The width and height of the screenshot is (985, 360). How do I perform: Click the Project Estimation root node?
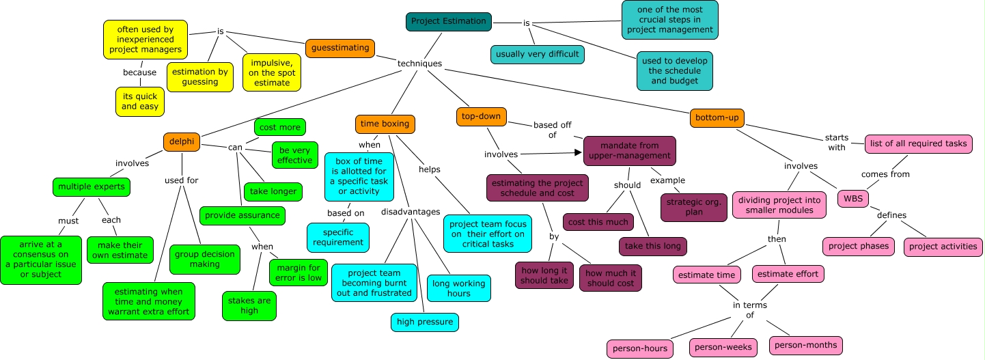coord(448,21)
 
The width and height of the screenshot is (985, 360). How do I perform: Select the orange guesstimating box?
coord(339,48)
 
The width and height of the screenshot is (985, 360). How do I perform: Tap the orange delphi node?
coord(182,141)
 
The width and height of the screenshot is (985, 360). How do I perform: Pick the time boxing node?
coord(385,124)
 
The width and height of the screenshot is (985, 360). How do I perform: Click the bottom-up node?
coord(717,117)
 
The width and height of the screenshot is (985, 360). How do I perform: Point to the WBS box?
coord(852,199)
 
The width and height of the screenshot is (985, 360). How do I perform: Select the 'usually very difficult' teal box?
coord(537,54)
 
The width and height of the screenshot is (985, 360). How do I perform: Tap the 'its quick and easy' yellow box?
coord(139,101)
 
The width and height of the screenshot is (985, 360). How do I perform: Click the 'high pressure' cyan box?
coord(424,322)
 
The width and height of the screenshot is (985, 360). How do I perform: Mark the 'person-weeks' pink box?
coord(723,347)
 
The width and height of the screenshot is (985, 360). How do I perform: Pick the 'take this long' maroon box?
coord(652,246)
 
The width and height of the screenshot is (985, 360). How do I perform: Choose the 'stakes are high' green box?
coord(249,305)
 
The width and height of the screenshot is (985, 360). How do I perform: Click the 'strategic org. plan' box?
coord(689,208)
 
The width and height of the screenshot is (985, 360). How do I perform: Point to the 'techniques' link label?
coord(419,64)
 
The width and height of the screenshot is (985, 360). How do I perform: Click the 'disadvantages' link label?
coord(411,212)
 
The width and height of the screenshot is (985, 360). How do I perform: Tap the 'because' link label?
coord(139,72)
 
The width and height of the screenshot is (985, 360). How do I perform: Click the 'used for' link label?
coord(181,180)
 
